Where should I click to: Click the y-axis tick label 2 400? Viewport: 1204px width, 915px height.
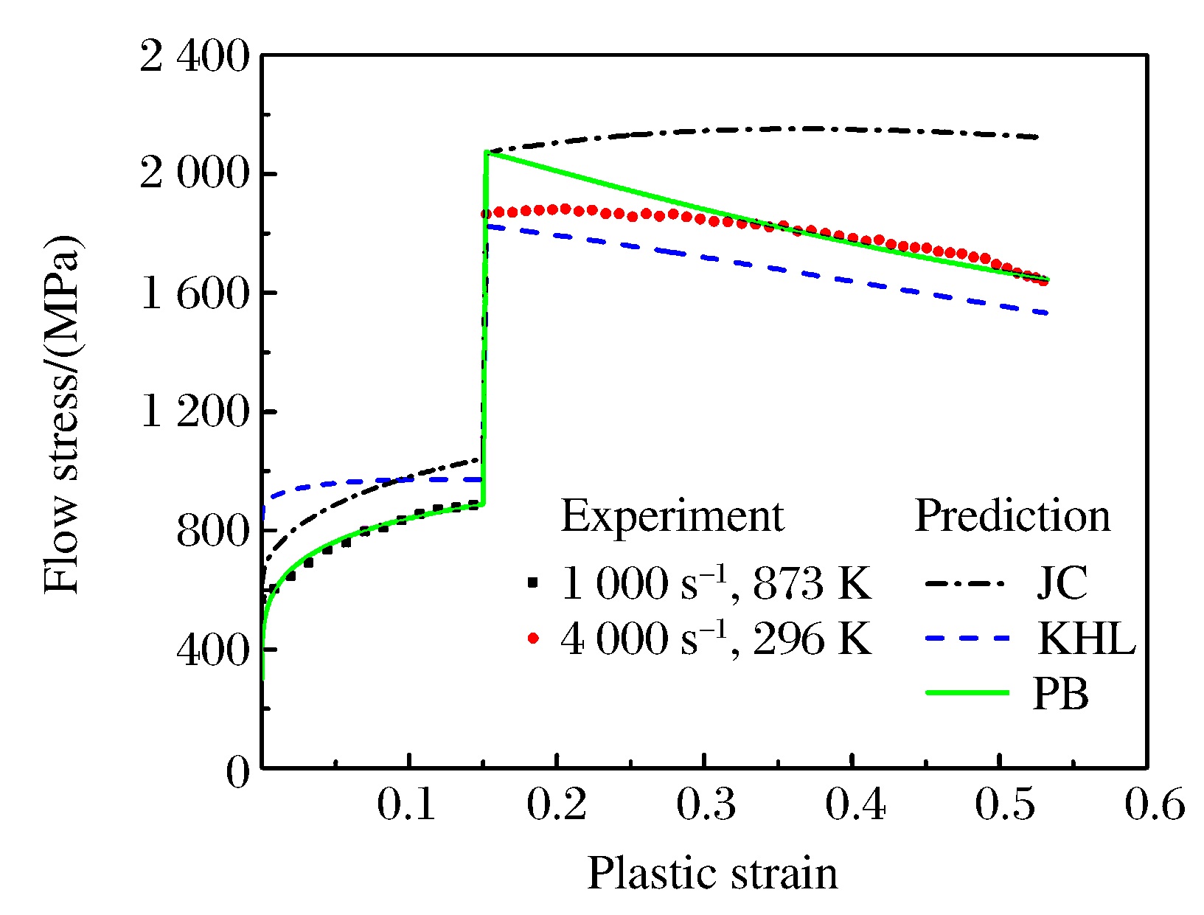pyautogui.click(x=195, y=57)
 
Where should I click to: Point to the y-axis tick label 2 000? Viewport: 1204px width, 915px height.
pyautogui.click(x=195, y=175)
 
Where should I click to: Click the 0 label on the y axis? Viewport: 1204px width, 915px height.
pyautogui.click(x=238, y=773)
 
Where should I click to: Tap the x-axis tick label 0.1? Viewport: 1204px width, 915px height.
pyautogui.click(x=407, y=804)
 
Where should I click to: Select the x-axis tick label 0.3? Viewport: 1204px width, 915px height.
pyautogui.click(x=706, y=804)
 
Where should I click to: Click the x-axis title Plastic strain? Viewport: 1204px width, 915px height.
pyautogui.click(x=712, y=874)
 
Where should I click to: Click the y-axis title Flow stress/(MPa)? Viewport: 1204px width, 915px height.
pyautogui.click(x=62, y=414)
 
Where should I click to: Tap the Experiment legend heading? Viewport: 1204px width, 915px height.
pyautogui.click(x=672, y=515)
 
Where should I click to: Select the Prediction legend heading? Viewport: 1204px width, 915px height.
pyautogui.click(x=1012, y=515)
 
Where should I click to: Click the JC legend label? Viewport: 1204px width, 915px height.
pyautogui.click(x=1061, y=582)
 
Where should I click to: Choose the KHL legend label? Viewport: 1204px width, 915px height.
pyautogui.click(x=1086, y=638)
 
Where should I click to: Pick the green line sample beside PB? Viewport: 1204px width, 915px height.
pyautogui.click(x=966, y=692)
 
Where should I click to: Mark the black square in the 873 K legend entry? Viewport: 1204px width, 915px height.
pyautogui.click(x=534, y=583)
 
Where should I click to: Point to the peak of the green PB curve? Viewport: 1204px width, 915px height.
pyautogui.click(x=487, y=153)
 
